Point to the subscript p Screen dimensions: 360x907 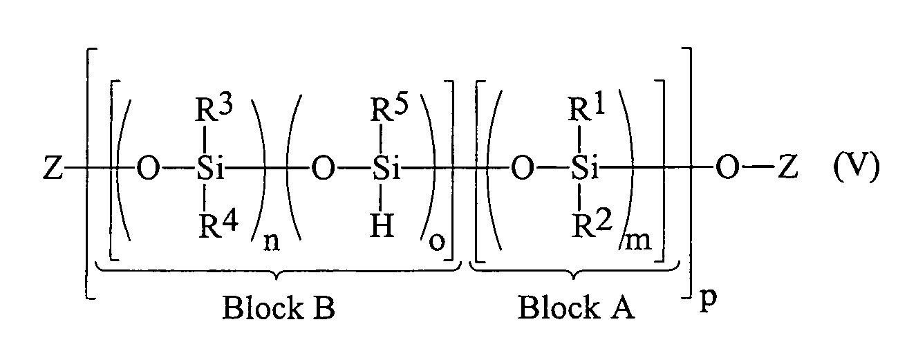pos(705,304)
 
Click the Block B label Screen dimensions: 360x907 pos(278,308)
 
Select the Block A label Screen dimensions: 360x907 pos(576,308)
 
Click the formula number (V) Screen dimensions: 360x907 pos(854,169)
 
